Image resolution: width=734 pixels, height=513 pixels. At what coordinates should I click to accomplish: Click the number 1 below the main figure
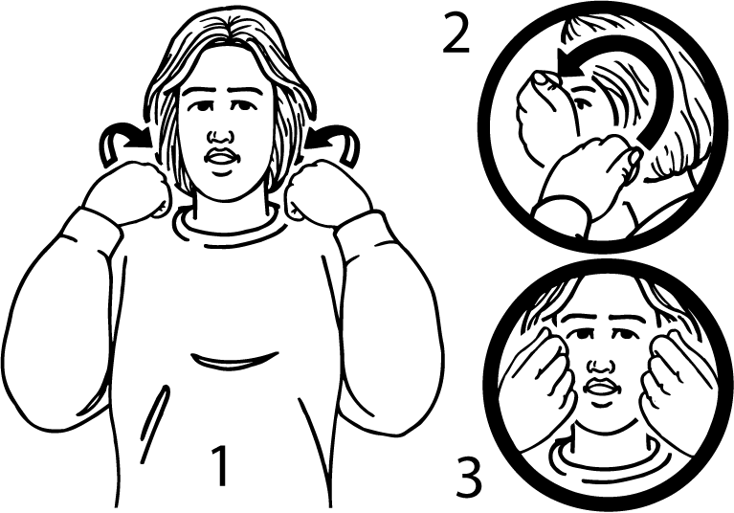pos(220,466)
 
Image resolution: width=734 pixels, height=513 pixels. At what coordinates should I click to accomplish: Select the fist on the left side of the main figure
pos(127,191)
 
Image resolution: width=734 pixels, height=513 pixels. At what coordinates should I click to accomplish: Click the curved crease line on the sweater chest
pos(234,361)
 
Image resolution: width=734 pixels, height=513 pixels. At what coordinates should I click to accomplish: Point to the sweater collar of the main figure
pos(230,225)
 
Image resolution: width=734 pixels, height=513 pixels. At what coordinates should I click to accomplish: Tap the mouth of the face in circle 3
pos(599,388)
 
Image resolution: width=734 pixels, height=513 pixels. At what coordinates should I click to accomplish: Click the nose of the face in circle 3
pos(600,365)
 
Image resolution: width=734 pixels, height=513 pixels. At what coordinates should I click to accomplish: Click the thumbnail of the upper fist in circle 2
pos(544,78)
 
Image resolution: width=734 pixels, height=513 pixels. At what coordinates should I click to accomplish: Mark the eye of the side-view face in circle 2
pos(580,101)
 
